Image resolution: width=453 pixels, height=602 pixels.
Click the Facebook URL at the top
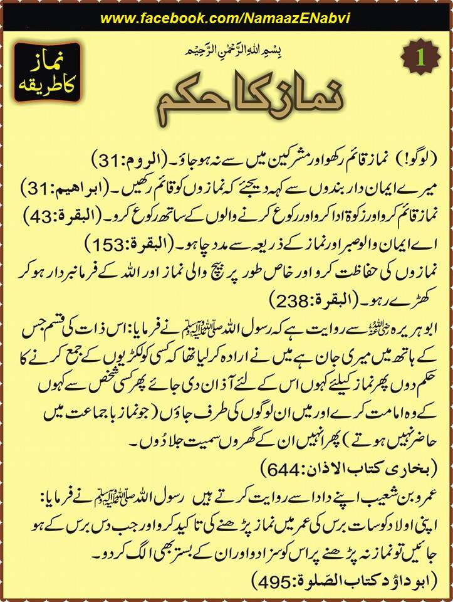[x=226, y=18]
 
